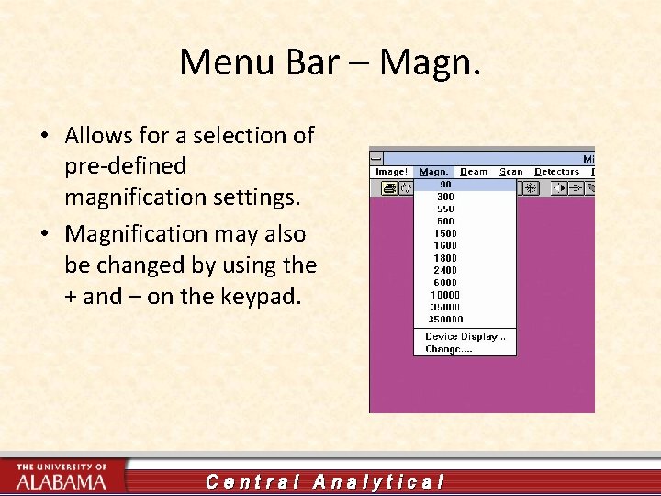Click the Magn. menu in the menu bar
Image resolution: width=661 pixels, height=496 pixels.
433,172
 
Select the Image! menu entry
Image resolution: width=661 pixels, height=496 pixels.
391,172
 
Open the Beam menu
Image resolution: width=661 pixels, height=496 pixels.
474,172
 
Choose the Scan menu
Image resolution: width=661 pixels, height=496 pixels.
510,172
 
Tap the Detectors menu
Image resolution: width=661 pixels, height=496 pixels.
556,172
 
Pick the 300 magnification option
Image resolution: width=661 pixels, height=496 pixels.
445,197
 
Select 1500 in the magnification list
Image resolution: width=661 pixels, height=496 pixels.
445,233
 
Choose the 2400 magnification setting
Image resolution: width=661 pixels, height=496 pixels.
445,271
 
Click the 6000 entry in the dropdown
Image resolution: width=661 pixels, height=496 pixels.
445,283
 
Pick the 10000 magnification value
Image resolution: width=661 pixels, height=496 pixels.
445,296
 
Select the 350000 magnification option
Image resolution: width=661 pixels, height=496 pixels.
445,320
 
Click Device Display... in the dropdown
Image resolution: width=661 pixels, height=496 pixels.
465,337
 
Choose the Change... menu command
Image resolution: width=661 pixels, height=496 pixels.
448,349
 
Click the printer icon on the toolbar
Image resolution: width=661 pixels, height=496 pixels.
389,187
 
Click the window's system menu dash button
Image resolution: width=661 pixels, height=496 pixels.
376,158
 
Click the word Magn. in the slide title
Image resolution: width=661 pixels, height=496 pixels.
430,62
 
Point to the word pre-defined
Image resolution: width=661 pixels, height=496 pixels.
126,166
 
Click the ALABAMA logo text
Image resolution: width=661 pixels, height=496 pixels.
62,481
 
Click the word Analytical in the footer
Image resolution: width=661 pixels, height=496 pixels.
378,481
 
